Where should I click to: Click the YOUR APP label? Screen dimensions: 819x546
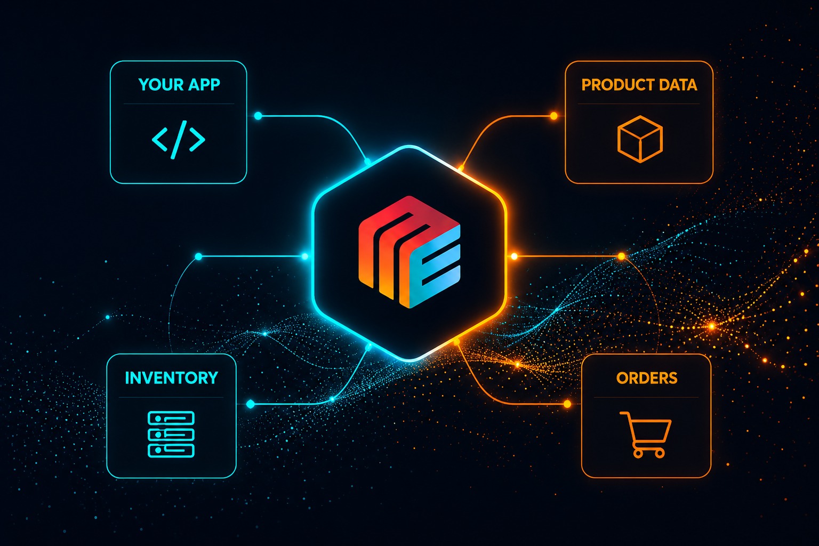coord(179,85)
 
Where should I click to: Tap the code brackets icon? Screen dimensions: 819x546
coord(179,140)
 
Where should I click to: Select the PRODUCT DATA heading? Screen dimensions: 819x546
coord(639,85)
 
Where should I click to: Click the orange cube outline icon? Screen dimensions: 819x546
coord(640,139)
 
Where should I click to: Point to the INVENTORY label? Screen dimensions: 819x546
coord(172,378)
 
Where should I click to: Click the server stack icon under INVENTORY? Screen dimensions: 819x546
coord(171,434)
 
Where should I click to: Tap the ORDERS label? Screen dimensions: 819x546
coord(647,378)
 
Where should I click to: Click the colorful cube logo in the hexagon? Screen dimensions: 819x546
coord(409,252)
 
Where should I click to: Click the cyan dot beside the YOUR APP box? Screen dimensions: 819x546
coord(258,116)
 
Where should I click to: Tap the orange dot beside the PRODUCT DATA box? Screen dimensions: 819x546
coord(554,116)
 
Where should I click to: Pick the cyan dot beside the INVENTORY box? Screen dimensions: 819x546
coord(251,404)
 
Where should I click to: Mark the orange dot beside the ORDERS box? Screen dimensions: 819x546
coord(567,404)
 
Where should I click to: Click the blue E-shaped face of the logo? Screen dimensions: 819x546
coord(435,267)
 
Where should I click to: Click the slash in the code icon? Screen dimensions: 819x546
coord(179,140)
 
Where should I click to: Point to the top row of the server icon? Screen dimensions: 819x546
coord(171,418)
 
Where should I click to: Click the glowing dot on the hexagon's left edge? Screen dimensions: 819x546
coord(305,256)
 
